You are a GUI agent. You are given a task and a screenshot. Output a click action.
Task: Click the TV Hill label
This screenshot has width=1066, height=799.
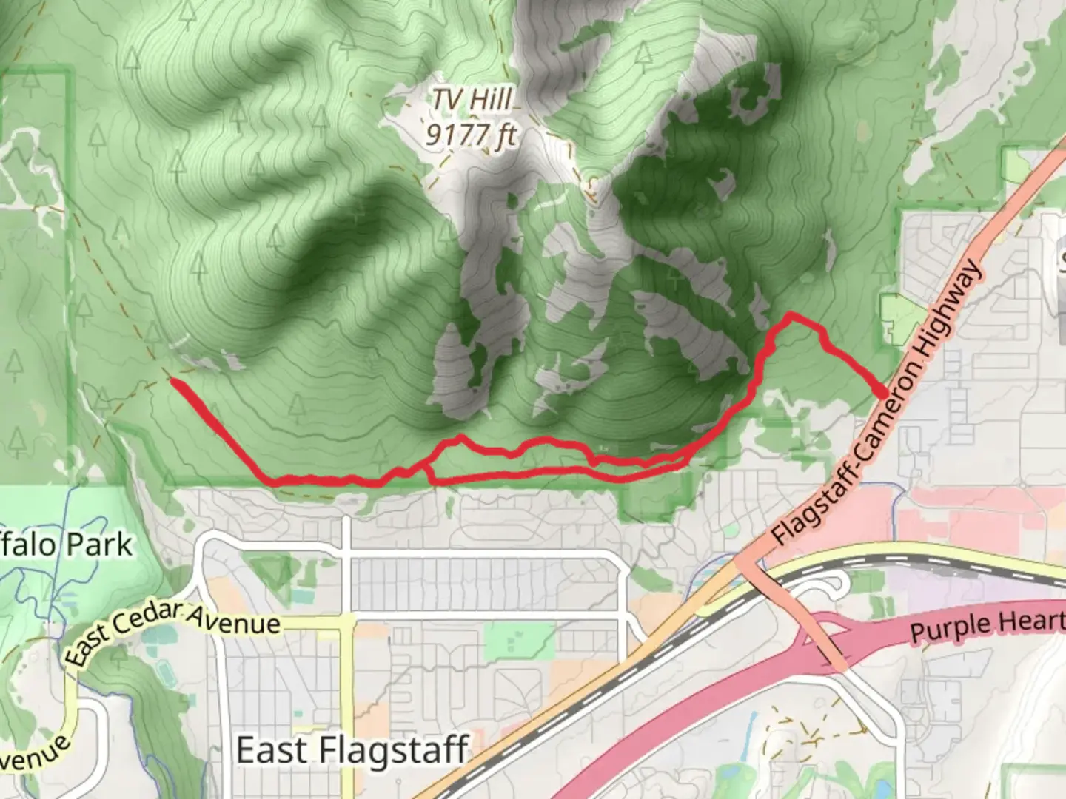pos(472,99)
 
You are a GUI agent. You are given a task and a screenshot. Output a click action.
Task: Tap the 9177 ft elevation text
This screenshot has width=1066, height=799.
pos(471,134)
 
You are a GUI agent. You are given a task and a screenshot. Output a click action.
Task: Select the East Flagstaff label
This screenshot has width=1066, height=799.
pos(352,750)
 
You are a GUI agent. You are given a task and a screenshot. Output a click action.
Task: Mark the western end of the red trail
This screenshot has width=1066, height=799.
pos(172,380)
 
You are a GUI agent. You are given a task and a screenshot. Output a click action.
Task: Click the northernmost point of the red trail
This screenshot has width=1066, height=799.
pos(791,315)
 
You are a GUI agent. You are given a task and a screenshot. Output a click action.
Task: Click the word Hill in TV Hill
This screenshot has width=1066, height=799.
pos(492,99)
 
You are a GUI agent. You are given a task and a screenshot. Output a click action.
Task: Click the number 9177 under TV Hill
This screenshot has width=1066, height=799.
pos(453,134)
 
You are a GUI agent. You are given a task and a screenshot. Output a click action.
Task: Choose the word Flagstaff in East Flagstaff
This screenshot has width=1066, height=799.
pos(394,750)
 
